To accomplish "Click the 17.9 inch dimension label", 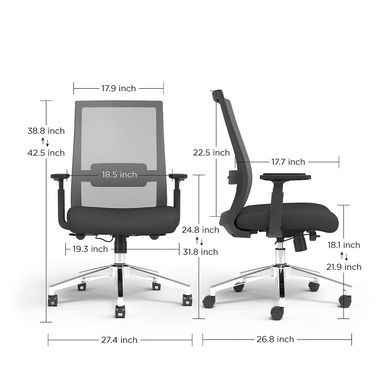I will pos(119,88).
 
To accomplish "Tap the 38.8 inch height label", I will pos(46,131).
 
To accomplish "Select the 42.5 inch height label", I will pos(46,153).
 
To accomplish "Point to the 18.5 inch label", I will pos(119,175).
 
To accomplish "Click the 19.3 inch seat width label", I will pos(90,249).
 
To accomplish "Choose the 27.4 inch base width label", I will pos(119,340).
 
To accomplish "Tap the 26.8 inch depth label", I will pos(276,339).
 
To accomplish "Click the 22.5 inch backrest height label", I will pos(211,153).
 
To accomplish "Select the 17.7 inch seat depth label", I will pos(288,162).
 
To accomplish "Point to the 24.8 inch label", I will pos(200,230).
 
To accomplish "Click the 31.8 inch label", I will pos(200,252).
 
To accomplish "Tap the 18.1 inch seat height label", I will pos(344,245).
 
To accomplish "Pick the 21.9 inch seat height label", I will pos(344,267).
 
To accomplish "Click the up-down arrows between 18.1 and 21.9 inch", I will pos(344,256).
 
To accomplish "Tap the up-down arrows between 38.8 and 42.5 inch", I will pos(45,142).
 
